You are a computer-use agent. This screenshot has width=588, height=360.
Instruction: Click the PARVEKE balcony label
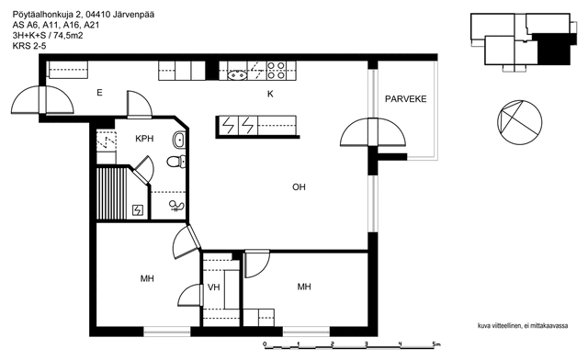[406, 99]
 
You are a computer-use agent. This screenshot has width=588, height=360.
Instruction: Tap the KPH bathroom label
[144, 139]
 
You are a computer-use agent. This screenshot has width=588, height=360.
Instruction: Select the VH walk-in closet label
[214, 287]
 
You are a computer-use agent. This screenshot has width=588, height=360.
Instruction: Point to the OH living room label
[299, 186]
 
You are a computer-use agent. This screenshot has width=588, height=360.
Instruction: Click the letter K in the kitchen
[270, 94]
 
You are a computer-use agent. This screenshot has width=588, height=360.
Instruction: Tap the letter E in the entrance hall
[99, 93]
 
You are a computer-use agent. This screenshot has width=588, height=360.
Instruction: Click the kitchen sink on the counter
[237, 75]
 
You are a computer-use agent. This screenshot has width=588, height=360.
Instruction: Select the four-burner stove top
[277, 71]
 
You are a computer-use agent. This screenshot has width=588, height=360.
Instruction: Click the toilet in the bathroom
[175, 162]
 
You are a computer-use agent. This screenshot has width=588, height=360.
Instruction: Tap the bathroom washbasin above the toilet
[179, 140]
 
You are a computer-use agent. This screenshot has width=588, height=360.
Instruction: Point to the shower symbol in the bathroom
[176, 206]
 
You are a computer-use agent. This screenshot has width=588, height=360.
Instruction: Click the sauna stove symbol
[138, 210]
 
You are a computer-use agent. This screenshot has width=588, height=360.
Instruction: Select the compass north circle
[519, 122]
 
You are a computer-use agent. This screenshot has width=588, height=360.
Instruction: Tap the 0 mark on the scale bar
[265, 344]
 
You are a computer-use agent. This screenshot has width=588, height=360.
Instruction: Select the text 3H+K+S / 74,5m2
[48, 36]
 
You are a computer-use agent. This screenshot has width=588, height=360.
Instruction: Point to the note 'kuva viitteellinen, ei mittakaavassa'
[523, 325]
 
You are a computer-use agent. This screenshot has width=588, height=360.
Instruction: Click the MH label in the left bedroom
[147, 278]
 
